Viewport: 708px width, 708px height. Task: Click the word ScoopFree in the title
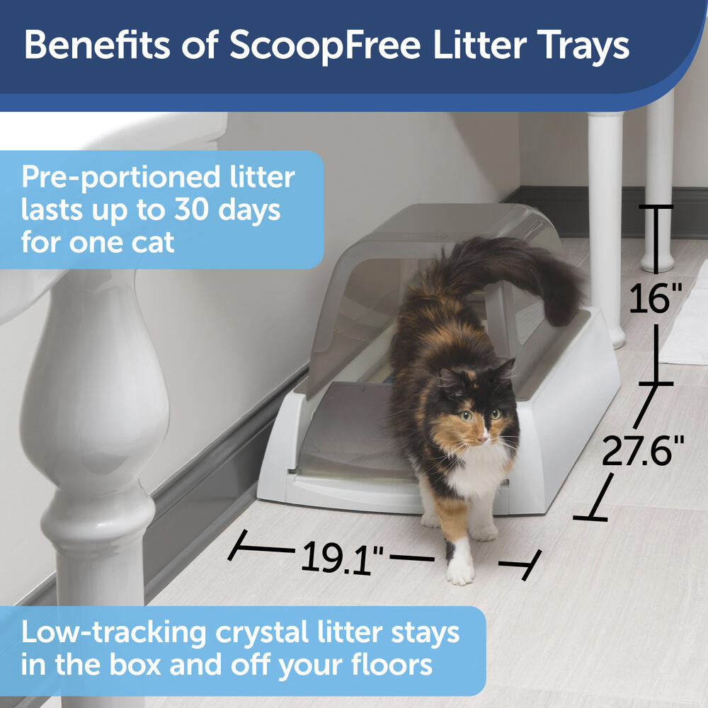tap(325, 46)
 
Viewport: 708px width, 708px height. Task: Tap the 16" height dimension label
tap(655, 299)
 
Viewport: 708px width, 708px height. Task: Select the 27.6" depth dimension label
tap(643, 450)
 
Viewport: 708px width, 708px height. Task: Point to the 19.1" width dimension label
tap(342, 558)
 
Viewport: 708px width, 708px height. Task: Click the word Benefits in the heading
tap(97, 45)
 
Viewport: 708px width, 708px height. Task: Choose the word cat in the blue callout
tap(153, 243)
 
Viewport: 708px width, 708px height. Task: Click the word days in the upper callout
tap(249, 211)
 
